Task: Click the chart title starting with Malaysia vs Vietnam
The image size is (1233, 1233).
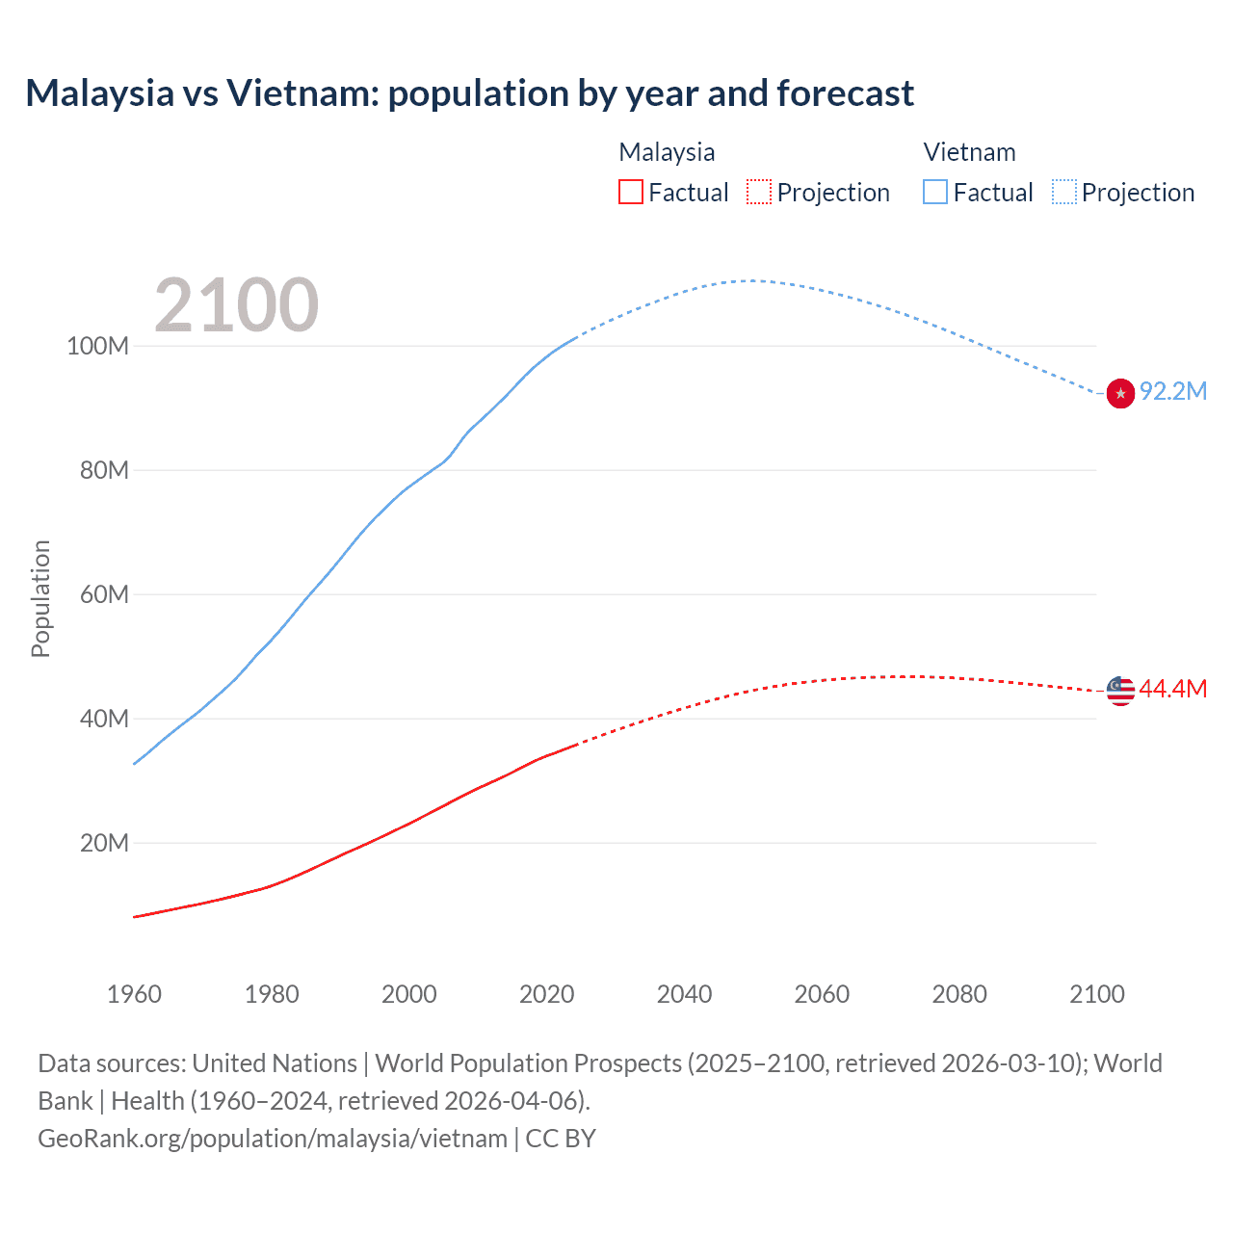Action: [469, 93]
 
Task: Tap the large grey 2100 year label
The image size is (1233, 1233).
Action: [236, 305]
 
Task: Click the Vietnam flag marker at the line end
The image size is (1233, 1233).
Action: [1120, 393]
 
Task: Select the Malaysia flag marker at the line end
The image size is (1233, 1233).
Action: [1120, 691]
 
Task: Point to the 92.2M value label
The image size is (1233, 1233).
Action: [1173, 391]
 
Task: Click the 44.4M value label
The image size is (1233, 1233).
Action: [1173, 689]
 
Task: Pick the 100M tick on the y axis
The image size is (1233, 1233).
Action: [97, 346]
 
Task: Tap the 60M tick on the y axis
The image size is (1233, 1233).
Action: [104, 594]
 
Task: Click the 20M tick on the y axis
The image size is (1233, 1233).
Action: [104, 843]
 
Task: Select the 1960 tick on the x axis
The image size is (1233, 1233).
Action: [134, 994]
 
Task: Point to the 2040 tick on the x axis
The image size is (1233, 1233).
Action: [684, 994]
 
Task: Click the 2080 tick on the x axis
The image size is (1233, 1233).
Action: [959, 994]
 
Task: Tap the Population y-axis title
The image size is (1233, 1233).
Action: [40, 598]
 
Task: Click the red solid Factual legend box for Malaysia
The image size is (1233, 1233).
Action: [630, 192]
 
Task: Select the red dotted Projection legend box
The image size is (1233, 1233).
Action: [759, 192]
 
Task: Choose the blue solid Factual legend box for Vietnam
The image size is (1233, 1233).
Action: [935, 192]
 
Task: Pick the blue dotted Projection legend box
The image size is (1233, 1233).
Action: [1063, 192]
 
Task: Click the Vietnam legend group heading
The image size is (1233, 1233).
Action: [969, 152]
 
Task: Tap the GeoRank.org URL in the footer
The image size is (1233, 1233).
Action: [273, 1139]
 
